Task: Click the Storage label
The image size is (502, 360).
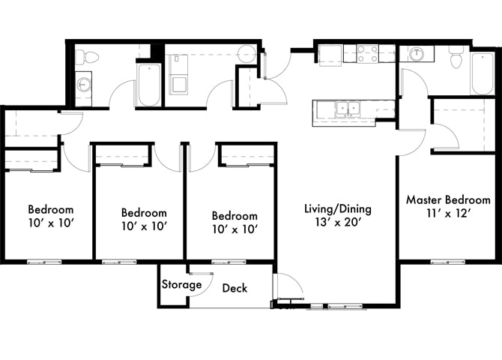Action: pyautogui.click(x=182, y=285)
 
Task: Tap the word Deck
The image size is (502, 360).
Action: pyautogui.click(x=235, y=288)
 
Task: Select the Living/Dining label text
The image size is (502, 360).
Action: pyautogui.click(x=337, y=208)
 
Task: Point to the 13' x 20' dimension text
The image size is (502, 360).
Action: pyautogui.click(x=337, y=223)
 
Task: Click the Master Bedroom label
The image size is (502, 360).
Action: pyautogui.click(x=449, y=200)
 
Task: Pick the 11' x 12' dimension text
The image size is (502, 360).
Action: pyautogui.click(x=449, y=214)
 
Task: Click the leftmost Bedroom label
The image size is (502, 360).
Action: pyautogui.click(x=51, y=209)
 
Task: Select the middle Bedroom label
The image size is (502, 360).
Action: pyautogui.click(x=144, y=212)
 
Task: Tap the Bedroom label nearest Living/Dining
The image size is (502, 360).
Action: pyautogui.click(x=234, y=215)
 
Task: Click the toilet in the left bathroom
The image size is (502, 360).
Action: pyautogui.click(x=88, y=55)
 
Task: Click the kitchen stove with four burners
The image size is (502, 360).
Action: pyautogui.click(x=367, y=53)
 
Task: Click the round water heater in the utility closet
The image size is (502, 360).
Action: pyautogui.click(x=247, y=53)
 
